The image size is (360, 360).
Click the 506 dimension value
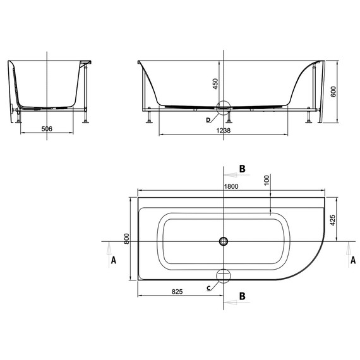point(47,129)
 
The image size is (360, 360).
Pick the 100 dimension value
point(267,180)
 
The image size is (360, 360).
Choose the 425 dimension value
point(332,220)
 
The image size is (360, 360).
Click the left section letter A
point(113,260)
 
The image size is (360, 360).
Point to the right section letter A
point(352,260)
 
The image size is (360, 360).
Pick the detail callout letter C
point(209,288)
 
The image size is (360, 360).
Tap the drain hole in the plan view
point(224,241)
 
